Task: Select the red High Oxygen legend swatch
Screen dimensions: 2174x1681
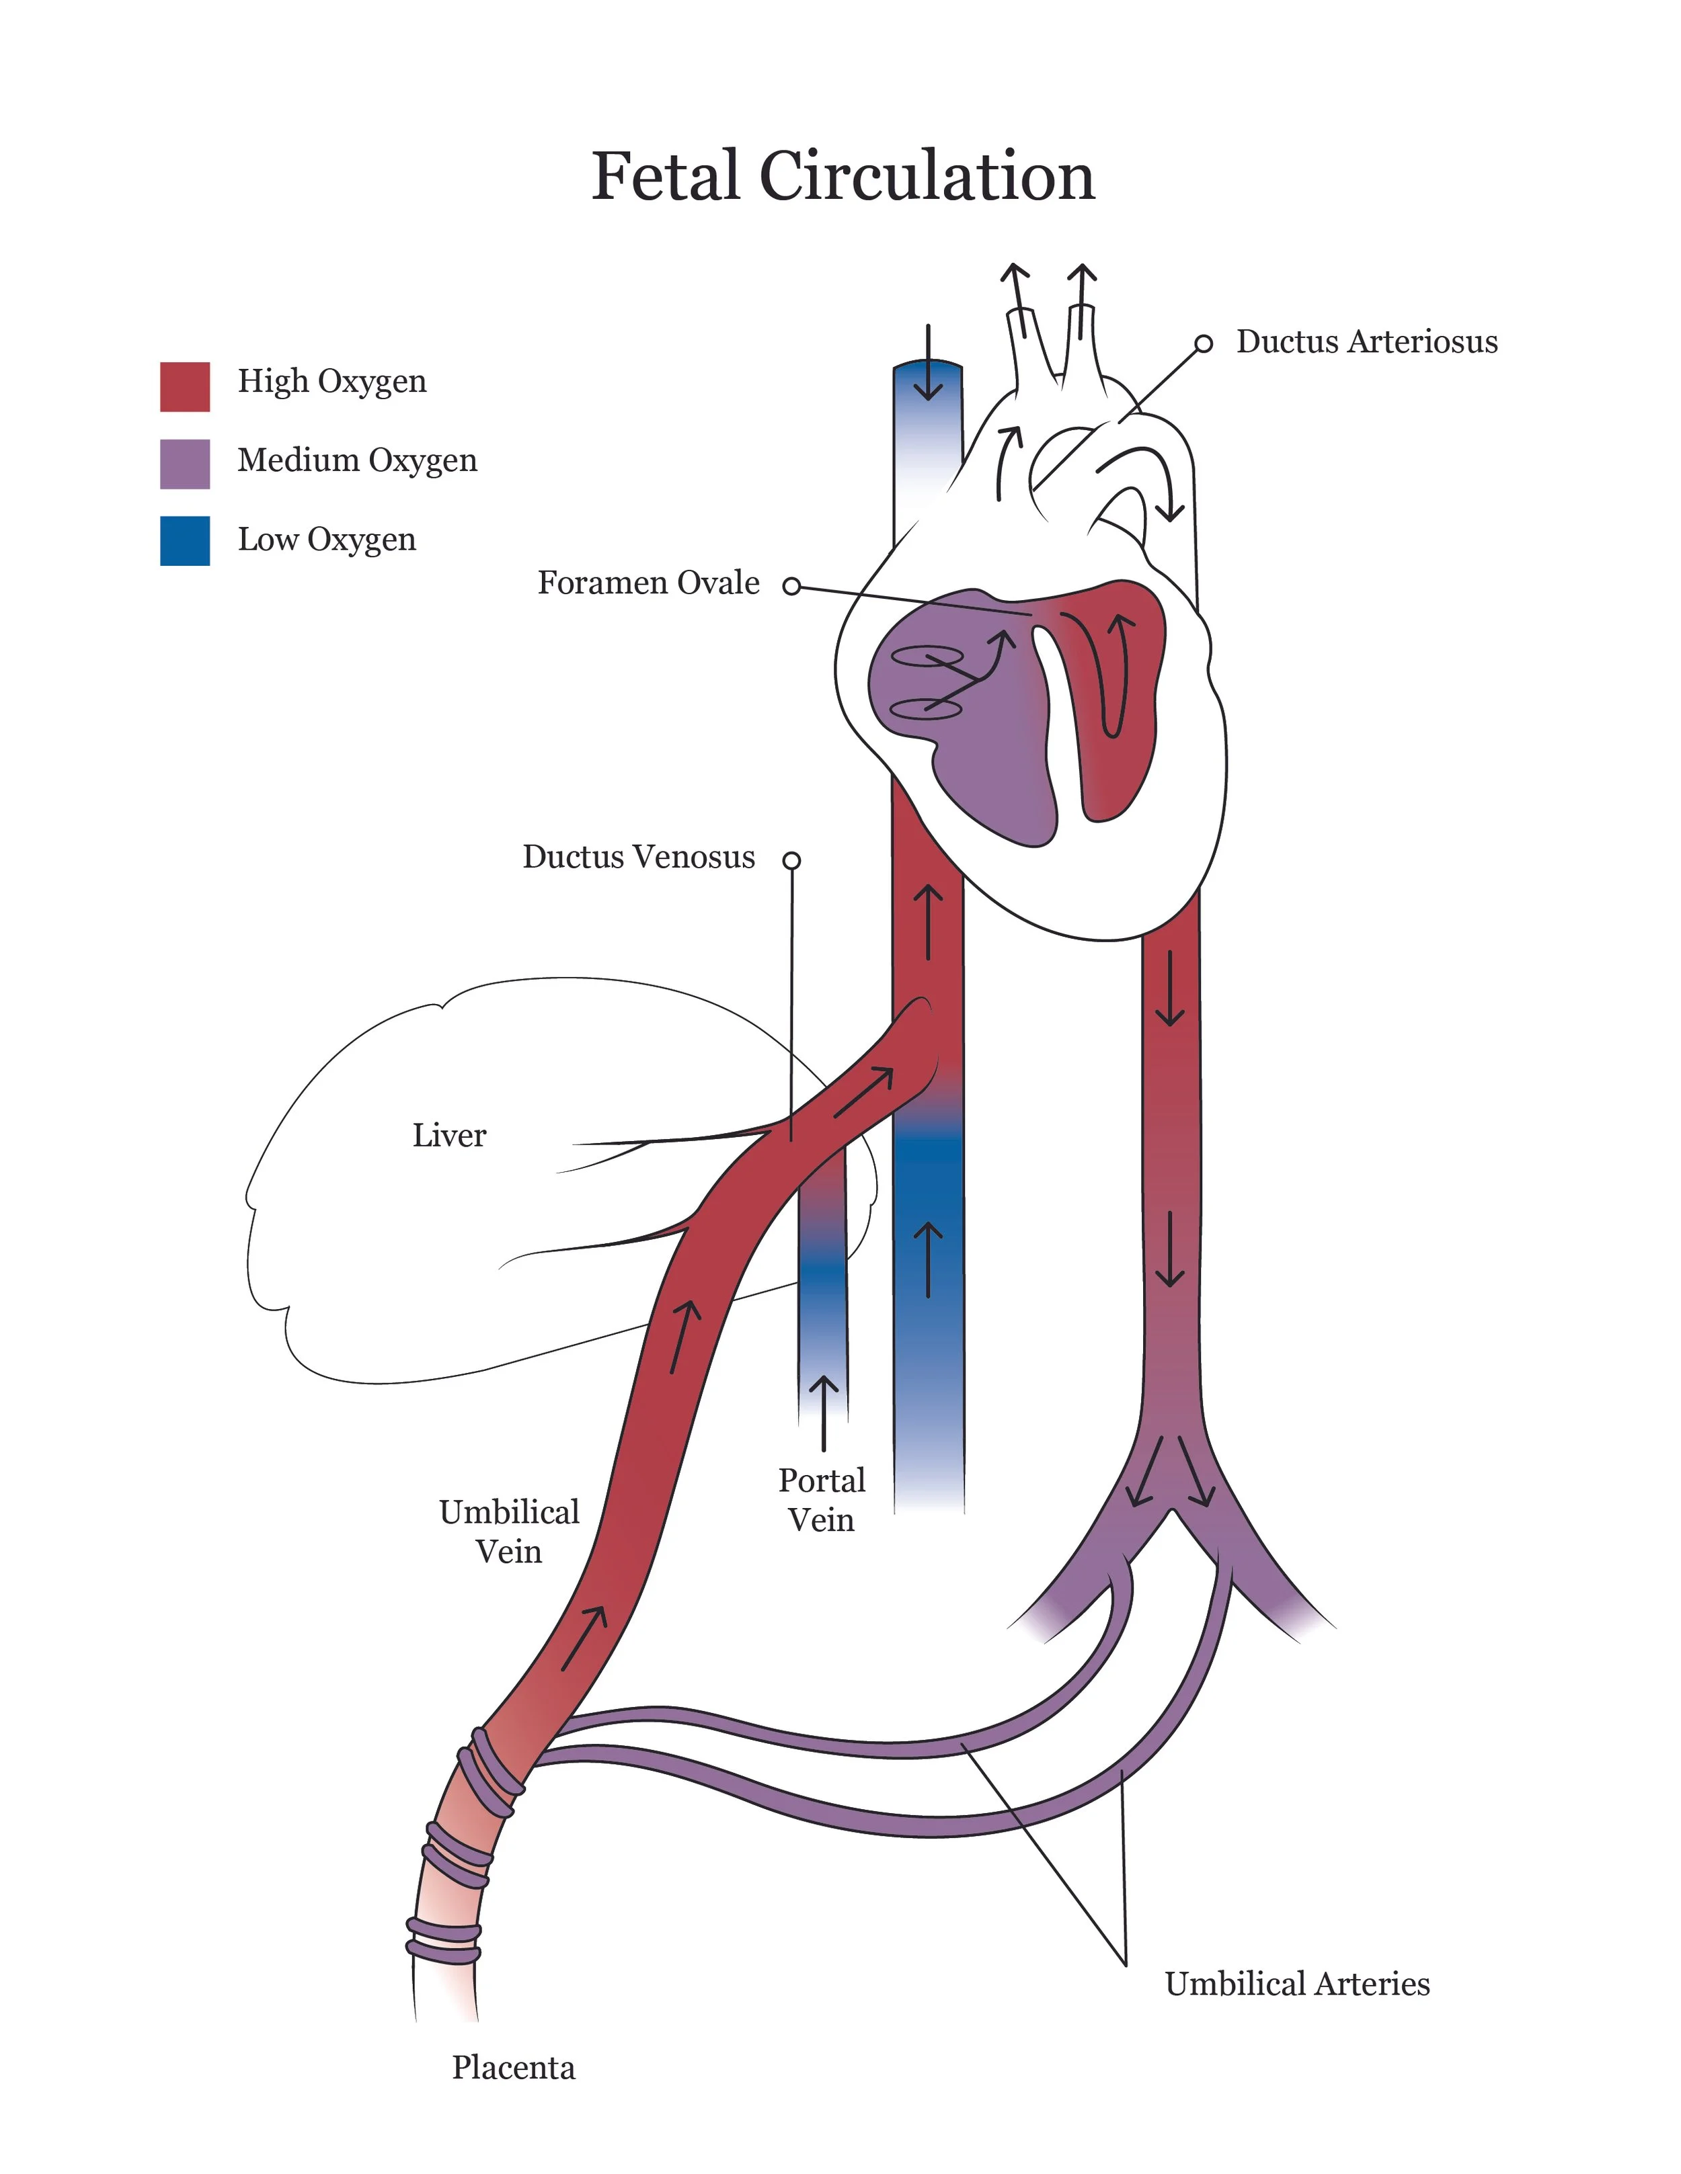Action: pos(184,386)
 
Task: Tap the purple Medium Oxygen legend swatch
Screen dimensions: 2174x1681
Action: pos(184,464)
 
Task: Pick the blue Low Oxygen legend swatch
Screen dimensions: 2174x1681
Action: pos(184,540)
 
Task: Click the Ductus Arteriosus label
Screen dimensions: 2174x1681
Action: pos(1366,341)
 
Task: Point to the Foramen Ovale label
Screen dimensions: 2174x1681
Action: pos(648,583)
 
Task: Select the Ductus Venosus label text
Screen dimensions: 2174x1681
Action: pos(638,857)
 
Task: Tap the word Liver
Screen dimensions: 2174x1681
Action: pos(449,1136)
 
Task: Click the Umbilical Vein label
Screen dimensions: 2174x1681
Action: pos(509,1531)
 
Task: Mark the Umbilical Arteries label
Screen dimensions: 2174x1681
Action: pos(1296,1984)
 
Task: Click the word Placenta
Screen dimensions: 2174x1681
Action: pos(513,2068)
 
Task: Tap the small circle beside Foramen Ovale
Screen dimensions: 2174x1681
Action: pos(791,586)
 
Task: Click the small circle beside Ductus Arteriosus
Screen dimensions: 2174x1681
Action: pos(1203,343)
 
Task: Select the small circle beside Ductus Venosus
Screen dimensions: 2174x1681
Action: pos(791,860)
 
